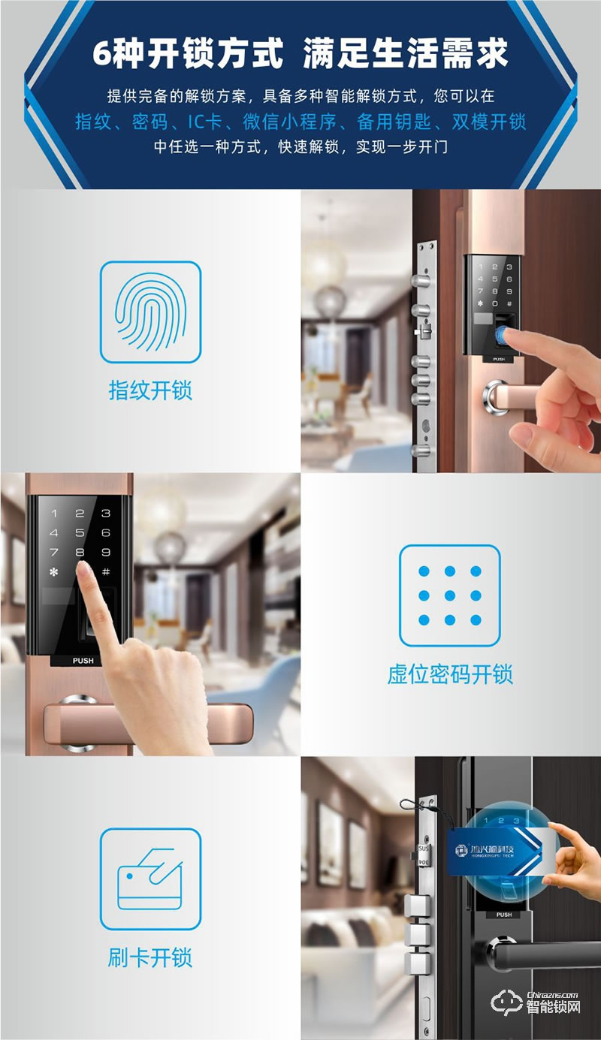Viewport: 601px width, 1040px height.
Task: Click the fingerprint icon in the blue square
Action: pyautogui.click(x=150, y=312)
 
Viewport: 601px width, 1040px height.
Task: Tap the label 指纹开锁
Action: pyautogui.click(x=150, y=390)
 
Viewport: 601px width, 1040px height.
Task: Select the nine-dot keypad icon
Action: pyautogui.click(x=449, y=595)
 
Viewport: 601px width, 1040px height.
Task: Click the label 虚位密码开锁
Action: pyautogui.click(x=450, y=674)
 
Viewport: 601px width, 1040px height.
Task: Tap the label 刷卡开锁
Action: pyautogui.click(x=150, y=957)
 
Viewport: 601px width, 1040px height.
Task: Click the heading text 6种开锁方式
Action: pyautogui.click(x=188, y=55)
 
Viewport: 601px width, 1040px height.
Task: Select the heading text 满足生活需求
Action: pyautogui.click(x=406, y=55)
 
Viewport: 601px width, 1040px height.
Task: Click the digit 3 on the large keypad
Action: pyautogui.click(x=106, y=514)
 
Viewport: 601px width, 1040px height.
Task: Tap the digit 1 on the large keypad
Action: pyautogui.click(x=53, y=514)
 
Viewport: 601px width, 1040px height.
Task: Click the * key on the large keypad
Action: pyautogui.click(x=53, y=572)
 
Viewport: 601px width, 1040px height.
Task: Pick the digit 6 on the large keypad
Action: pyautogui.click(x=106, y=533)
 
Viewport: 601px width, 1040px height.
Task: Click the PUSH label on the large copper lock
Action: pyautogui.click(x=83, y=661)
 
